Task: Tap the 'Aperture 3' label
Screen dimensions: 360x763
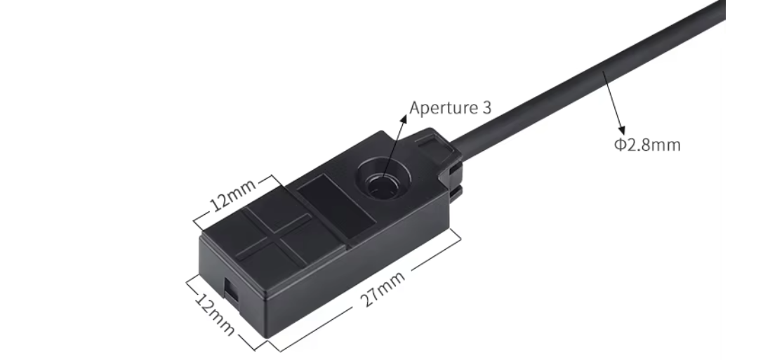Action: click(x=450, y=108)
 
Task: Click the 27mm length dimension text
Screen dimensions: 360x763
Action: click(x=383, y=288)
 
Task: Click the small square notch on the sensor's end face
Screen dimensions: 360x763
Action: click(x=230, y=286)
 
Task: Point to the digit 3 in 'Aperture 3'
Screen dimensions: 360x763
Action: click(x=486, y=108)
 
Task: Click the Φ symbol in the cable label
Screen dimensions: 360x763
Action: click(x=619, y=145)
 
